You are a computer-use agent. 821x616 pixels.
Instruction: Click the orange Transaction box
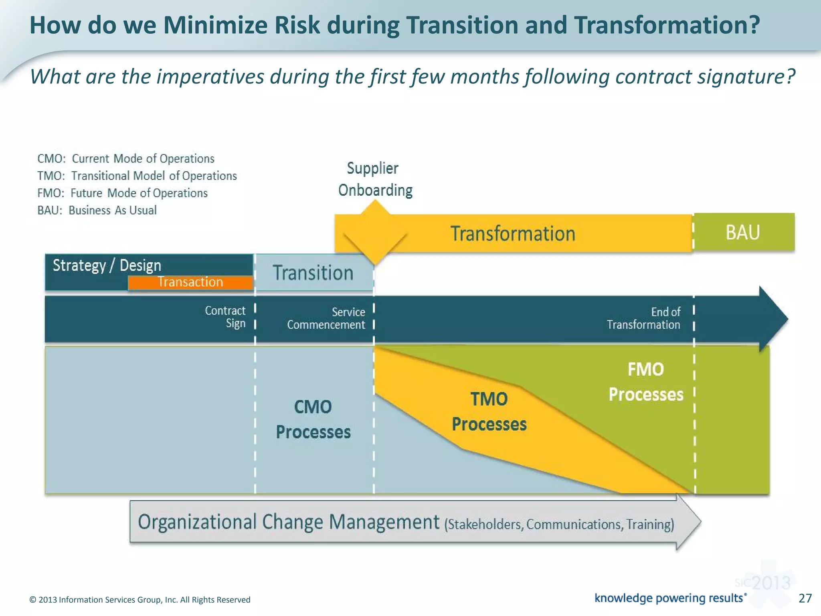[190, 282]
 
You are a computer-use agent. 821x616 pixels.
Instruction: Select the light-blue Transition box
[314, 273]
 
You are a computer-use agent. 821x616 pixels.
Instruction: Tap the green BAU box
[743, 232]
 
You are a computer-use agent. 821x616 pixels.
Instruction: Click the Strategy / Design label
[107, 265]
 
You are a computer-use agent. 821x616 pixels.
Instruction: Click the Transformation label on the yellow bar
[513, 234]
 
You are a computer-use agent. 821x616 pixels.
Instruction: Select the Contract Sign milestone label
[226, 317]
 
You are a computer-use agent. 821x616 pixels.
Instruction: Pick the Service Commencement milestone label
[326, 318]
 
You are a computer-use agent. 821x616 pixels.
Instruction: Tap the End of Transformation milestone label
[644, 318]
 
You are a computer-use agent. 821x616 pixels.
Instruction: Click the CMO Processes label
[313, 419]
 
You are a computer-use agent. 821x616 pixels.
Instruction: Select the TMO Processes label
[489, 412]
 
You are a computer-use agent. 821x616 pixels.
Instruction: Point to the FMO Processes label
[645, 382]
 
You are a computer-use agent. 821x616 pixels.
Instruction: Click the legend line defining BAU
[97, 210]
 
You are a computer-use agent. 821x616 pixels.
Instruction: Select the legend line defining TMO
[137, 176]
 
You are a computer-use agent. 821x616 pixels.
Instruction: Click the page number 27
[805, 598]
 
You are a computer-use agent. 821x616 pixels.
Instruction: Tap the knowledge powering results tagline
[670, 598]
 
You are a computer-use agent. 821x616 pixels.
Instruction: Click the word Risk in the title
[297, 25]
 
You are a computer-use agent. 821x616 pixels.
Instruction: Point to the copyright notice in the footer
[140, 600]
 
